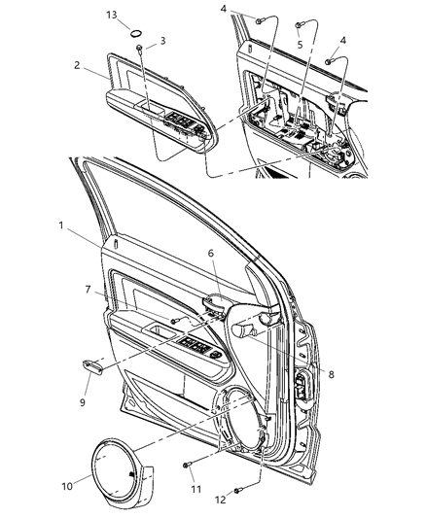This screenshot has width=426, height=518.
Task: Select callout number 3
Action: [x=162, y=41]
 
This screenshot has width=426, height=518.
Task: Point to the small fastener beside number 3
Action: [x=142, y=49]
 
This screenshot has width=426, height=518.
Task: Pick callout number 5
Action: [x=300, y=45]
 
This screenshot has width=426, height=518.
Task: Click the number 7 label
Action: [x=89, y=291]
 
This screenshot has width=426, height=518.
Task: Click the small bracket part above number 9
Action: [x=93, y=365]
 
